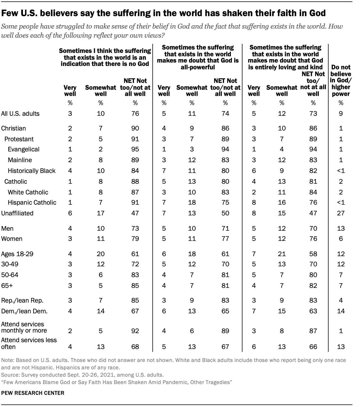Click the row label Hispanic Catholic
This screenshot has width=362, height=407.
pos(32,202)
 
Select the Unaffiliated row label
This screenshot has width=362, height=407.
pos(17,213)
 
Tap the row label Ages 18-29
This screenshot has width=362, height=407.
pos(17,254)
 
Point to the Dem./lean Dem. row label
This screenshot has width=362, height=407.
pos(24,311)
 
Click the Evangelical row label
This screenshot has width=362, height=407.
pos(24,149)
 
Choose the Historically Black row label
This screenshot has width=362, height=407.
pos(32,171)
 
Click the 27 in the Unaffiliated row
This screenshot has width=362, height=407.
pos(341,213)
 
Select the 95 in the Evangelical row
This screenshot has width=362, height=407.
pos(135,149)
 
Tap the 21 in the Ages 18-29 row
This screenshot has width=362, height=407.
pos(282,254)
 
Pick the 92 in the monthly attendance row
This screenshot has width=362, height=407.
pos(135,331)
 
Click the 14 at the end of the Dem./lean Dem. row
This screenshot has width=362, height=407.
pos(341,311)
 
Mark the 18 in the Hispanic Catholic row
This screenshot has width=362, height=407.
pos(192,202)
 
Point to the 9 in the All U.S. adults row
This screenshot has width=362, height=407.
pos(341,113)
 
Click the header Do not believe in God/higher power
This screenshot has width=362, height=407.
pos(341,80)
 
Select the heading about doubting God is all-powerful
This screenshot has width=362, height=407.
pos(198,57)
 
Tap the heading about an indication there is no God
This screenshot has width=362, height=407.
pos(105,57)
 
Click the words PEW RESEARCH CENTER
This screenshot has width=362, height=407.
pos(33,393)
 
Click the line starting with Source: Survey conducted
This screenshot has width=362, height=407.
pos(82,375)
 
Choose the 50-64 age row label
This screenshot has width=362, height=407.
pos(10,275)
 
